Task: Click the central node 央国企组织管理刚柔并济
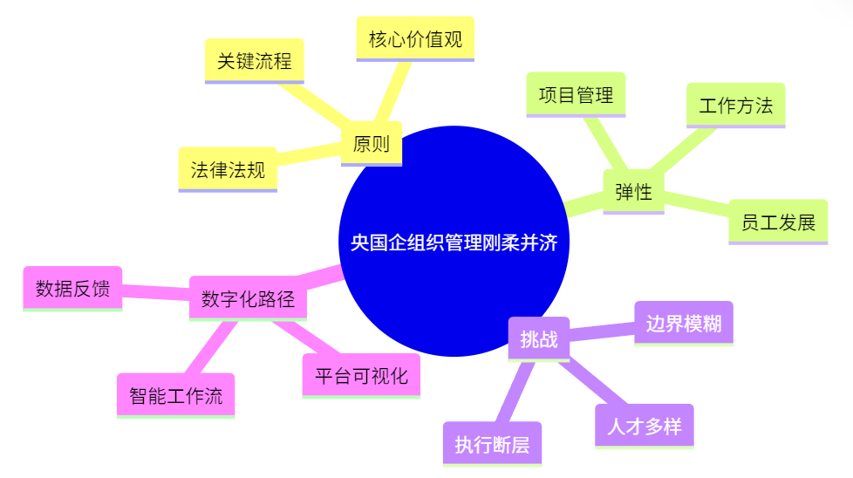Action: pos(454,242)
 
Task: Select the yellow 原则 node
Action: pos(372,144)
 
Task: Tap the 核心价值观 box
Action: pos(415,39)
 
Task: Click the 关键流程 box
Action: pos(254,61)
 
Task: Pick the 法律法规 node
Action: pos(228,170)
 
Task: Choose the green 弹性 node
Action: pos(634,191)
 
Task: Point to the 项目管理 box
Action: pos(576,94)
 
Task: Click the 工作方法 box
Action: pos(735,106)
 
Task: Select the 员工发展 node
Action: pos(778,222)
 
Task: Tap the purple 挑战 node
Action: pos(538,339)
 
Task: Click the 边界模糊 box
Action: pos(684,324)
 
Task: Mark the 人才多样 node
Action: pos(644,427)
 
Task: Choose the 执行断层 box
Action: pos(492,444)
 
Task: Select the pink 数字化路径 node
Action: pos(248,298)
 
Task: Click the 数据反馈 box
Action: pos(72,288)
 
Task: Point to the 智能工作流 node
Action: pos(175,395)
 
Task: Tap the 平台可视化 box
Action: pos(361,376)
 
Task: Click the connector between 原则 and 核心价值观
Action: pos(392,92)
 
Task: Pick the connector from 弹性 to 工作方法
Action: pos(682,149)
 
